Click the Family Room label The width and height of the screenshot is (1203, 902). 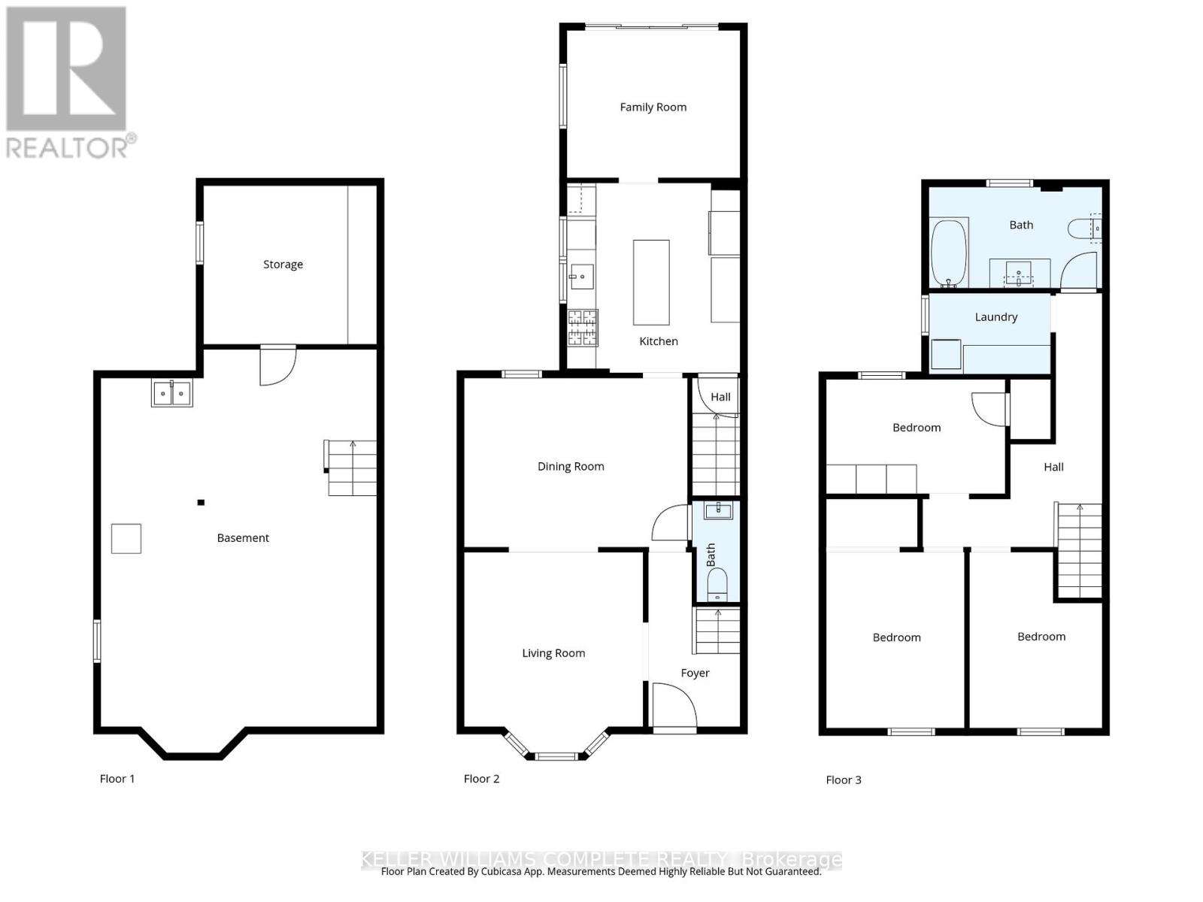[653, 107]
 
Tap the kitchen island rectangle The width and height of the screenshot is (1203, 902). [651, 282]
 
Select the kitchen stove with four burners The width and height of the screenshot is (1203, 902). [583, 328]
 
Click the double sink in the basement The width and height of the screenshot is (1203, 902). [172, 393]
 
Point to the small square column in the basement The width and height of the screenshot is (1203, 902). [201, 503]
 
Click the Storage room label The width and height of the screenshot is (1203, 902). [283, 265]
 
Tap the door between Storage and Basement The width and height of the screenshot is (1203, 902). [277, 365]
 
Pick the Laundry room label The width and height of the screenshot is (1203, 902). [995, 317]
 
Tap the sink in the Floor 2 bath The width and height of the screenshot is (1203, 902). [718, 511]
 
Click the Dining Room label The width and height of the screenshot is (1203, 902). [571, 467]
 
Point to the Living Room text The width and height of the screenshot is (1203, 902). [553, 653]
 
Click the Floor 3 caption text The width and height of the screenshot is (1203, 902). [843, 780]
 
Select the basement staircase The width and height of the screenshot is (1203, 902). [352, 468]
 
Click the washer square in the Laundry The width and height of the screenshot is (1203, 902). [946, 355]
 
